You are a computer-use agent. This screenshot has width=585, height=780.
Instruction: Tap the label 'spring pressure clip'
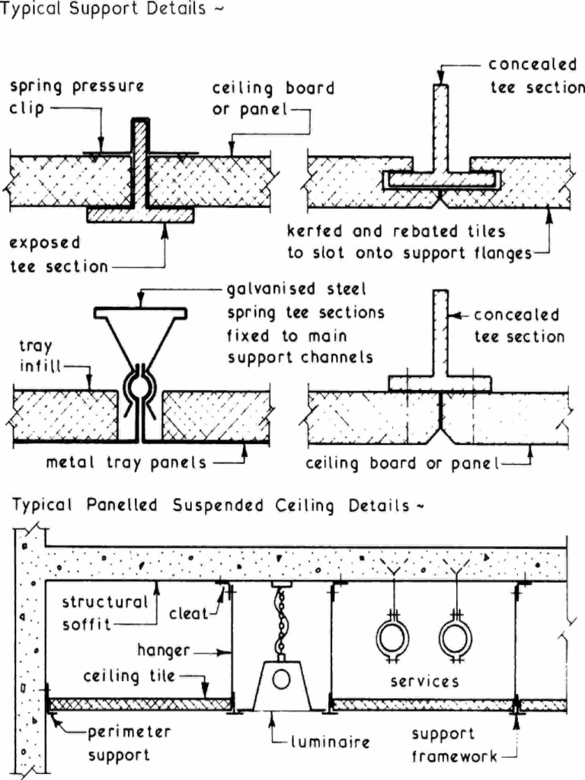[76, 97]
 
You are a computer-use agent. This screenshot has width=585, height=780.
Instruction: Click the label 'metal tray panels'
[126, 462]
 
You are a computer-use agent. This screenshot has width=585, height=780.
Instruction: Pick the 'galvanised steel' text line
[296, 289]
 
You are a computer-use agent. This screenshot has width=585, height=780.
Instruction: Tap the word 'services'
[424, 682]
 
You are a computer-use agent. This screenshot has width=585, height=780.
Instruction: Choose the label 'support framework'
[449, 745]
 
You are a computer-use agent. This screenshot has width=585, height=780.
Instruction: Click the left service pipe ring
[393, 637]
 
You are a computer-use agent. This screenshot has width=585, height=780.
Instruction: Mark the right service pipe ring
[455, 637]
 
